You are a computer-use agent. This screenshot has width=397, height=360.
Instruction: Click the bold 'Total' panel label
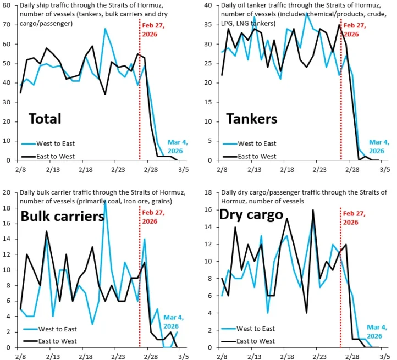(45, 118)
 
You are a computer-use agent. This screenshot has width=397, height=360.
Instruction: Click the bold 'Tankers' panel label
(252, 118)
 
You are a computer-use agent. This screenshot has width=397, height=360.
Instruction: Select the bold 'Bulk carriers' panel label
(62, 216)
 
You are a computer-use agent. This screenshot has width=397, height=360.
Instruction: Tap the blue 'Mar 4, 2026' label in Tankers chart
(377, 146)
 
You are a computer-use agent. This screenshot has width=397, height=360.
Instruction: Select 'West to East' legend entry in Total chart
(57, 143)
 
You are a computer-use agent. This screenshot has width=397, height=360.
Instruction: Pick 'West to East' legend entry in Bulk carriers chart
(57, 329)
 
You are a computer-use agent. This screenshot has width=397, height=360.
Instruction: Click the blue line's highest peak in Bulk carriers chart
(105, 201)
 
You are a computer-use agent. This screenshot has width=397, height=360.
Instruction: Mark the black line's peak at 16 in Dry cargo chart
(313, 210)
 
